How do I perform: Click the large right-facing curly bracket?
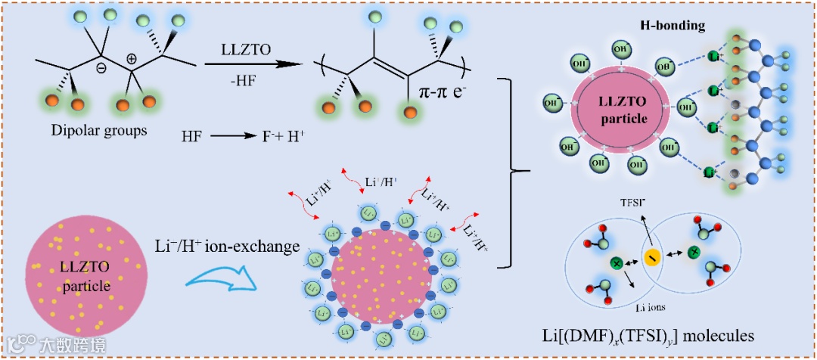pos(517,172)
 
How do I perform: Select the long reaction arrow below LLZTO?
pos(243,65)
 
